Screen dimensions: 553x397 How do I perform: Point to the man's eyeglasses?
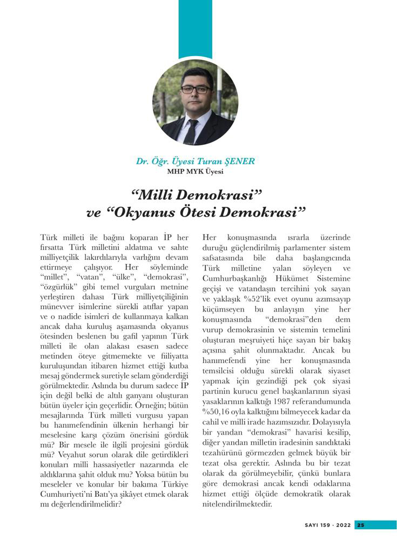196,89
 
